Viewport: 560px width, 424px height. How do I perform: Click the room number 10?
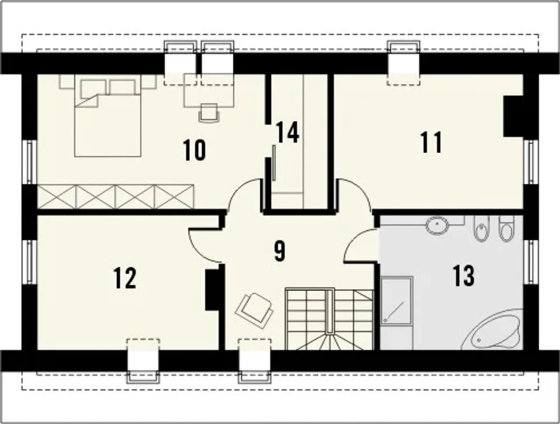194,150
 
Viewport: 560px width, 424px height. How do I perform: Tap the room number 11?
431,142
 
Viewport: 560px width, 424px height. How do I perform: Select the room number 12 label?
125,278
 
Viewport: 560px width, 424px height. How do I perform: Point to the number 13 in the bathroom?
464,276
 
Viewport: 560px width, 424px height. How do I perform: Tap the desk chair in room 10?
209,113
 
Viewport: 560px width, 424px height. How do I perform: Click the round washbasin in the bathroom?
437,225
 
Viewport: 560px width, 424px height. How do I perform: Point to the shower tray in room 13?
396,301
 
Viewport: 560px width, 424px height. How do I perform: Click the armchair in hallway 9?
254,311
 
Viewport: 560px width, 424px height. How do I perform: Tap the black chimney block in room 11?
513,116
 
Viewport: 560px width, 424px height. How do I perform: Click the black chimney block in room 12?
212,290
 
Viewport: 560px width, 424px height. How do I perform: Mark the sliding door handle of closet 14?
274,163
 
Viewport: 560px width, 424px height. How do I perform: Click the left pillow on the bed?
93,88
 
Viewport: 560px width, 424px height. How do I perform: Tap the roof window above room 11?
403,63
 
